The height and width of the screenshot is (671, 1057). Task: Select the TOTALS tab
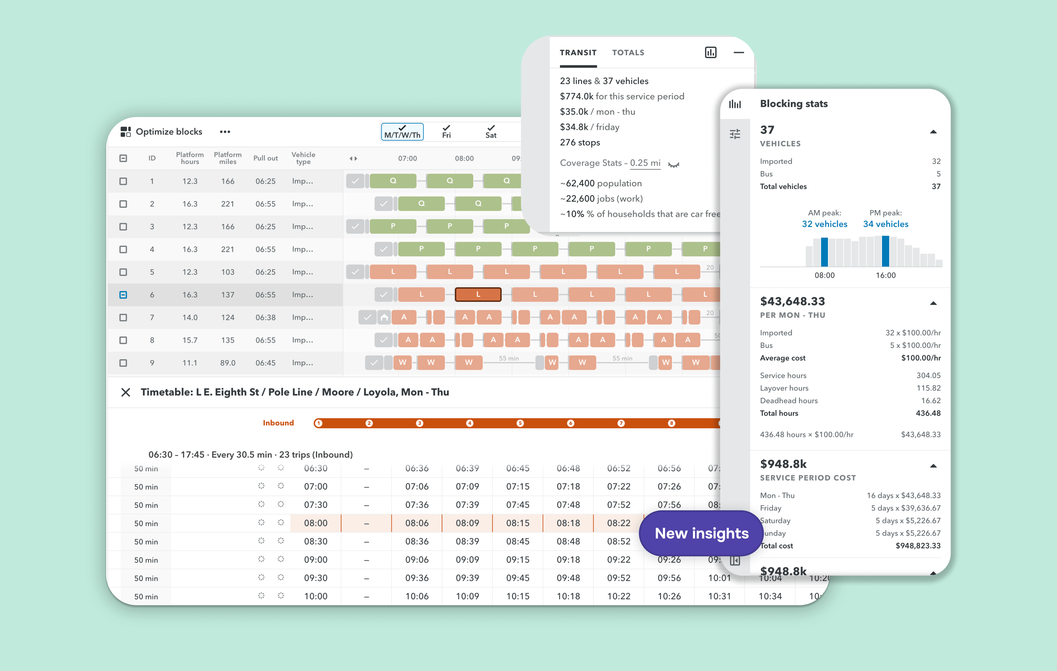[x=628, y=53]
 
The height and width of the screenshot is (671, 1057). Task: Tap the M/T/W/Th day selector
[x=402, y=132]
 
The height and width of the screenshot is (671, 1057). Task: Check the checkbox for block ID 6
[x=123, y=295]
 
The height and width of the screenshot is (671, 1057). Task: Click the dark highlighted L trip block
[x=478, y=294]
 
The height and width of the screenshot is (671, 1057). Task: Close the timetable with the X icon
[x=125, y=392]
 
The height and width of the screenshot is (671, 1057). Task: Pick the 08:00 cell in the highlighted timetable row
[x=316, y=523]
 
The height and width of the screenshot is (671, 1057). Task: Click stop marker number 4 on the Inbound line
[x=470, y=423]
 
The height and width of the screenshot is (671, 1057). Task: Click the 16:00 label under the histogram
[x=885, y=275]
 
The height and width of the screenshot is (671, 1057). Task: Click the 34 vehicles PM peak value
[x=885, y=224]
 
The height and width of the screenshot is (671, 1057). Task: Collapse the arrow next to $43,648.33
[x=933, y=303]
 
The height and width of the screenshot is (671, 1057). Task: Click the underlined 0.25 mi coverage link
[x=645, y=163]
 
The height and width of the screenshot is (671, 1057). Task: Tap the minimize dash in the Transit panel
[x=739, y=53]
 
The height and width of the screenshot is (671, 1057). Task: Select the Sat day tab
[x=491, y=132]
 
